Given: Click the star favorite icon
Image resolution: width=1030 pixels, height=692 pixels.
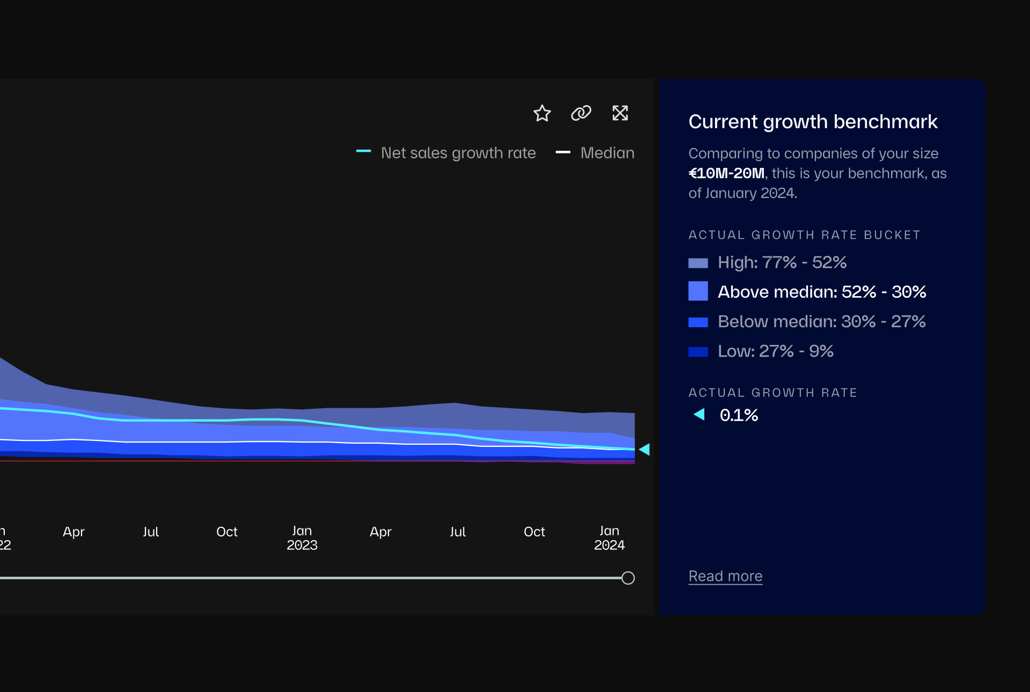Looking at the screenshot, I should [x=542, y=113].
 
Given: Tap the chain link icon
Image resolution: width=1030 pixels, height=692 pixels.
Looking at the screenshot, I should [x=581, y=113].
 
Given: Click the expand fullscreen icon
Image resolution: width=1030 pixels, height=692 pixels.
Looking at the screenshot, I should [x=620, y=113].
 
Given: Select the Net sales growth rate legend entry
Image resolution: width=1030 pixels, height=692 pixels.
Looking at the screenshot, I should [x=458, y=153].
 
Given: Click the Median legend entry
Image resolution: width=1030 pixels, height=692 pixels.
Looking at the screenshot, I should [x=607, y=153].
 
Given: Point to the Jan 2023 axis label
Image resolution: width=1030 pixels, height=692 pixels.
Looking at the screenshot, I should [x=302, y=538].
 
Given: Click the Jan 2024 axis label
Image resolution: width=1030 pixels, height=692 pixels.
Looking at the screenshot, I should [x=609, y=538].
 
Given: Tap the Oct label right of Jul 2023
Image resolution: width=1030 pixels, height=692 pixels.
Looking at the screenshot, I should [x=534, y=532].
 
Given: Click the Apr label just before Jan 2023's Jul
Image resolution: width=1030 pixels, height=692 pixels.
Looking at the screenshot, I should [x=73, y=532].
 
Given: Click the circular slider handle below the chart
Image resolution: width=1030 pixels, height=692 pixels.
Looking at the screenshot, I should [x=628, y=578].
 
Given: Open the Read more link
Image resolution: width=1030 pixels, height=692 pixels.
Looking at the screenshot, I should [x=725, y=576].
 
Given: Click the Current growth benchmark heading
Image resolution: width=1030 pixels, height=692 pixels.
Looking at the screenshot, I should [x=813, y=122].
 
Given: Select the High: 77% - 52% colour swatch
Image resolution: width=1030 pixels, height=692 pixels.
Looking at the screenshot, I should [x=698, y=263].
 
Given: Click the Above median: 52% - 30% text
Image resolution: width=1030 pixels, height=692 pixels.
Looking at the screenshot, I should [x=822, y=292].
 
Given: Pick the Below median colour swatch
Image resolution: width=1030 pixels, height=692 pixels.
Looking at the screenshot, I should [x=698, y=322].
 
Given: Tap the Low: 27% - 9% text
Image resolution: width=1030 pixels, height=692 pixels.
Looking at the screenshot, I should [x=776, y=351].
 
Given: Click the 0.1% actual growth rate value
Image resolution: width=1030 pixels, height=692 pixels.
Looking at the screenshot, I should [x=739, y=415].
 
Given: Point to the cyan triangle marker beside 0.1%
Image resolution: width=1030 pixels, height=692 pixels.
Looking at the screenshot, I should [x=700, y=414].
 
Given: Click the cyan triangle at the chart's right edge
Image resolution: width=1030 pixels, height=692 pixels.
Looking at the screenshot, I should [x=645, y=450].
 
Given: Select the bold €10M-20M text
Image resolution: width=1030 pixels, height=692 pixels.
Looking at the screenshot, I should [x=726, y=173].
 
